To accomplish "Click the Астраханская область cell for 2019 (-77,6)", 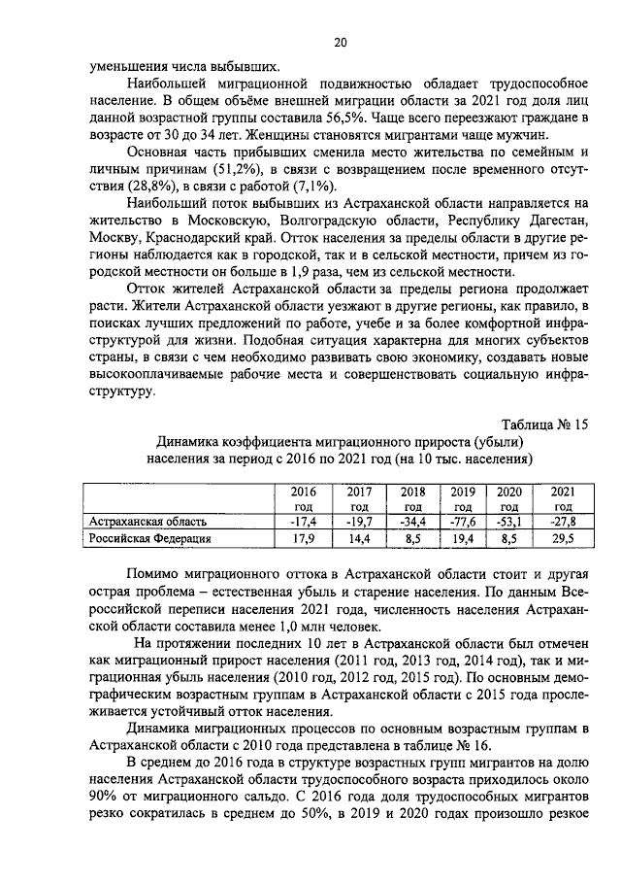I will pos(462,522).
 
